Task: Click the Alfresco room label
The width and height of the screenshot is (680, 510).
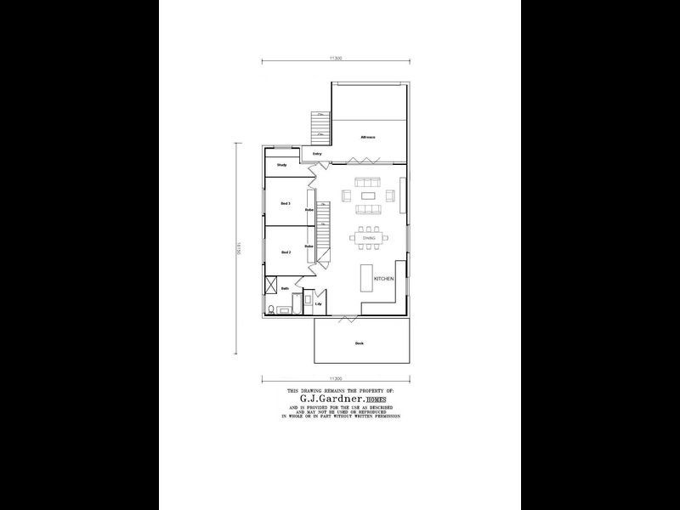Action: (367, 137)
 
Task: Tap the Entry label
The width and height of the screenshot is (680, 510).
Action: (317, 154)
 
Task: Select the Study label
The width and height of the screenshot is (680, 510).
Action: (281, 165)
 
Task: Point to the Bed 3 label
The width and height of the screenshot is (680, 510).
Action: (286, 204)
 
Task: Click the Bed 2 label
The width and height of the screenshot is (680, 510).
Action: (286, 252)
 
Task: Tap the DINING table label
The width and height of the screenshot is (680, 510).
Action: (369, 238)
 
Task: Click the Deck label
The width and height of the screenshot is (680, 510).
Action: (360, 343)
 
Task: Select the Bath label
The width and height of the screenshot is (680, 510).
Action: (286, 289)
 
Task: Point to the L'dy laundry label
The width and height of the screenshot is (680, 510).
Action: (318, 303)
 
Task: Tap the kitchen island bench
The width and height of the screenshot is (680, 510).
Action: (368, 277)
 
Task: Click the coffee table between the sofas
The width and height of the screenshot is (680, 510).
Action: (367, 195)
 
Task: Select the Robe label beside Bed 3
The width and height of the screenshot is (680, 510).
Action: (309, 209)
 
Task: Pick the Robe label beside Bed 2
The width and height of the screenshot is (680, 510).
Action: (309, 246)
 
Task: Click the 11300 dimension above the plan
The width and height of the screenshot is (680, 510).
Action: (337, 58)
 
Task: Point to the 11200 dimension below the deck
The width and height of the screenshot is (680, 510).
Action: (337, 378)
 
